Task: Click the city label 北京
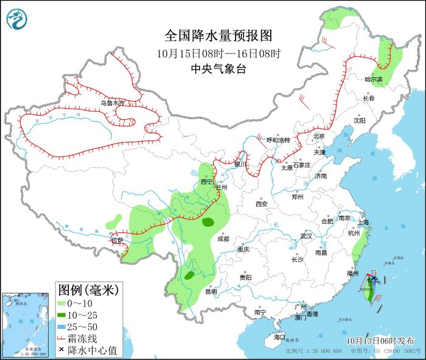pyautogui.click(x=319, y=136)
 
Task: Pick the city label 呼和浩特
pyautogui.click(x=279, y=140)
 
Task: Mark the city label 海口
pyautogui.click(x=279, y=336)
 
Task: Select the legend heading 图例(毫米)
pyautogui.click(x=89, y=288)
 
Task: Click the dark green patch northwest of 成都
pyautogui.click(x=208, y=222)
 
